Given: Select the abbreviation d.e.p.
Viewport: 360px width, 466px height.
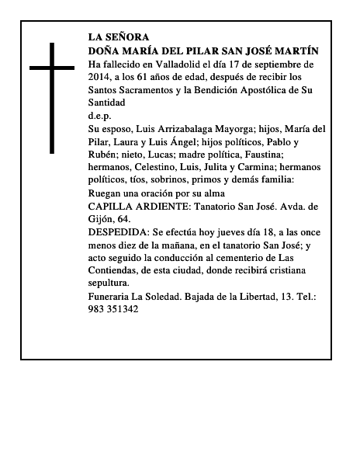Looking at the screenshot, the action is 100,114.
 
